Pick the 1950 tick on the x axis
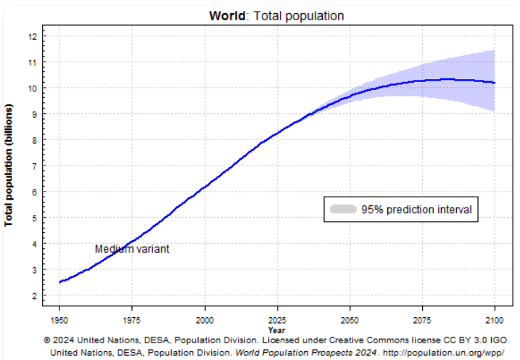tap(59, 319)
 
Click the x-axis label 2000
tap(205, 319)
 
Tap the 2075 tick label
tap(422, 319)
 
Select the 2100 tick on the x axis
tap(495, 319)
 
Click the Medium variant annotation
tap(132, 249)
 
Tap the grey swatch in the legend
tap(343, 209)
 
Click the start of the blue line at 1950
tap(60, 282)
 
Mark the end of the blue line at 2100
tap(495, 83)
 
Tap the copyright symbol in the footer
tap(46, 340)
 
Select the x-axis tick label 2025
tap(277, 319)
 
